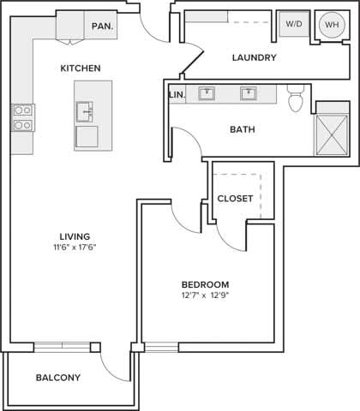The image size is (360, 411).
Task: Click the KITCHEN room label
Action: click(x=81, y=68)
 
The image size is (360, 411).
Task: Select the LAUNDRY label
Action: click(x=254, y=58)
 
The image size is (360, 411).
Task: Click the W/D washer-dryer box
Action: click(x=292, y=24)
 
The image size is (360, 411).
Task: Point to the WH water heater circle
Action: click(x=331, y=25)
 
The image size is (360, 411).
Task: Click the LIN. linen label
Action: click(x=177, y=94)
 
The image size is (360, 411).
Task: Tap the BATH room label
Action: click(x=243, y=130)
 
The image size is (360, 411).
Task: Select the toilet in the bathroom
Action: click(x=296, y=100)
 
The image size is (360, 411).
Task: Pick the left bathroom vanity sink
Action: click(x=207, y=93)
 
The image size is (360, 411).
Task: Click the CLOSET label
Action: click(x=235, y=199)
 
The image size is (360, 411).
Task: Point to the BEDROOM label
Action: click(x=205, y=284)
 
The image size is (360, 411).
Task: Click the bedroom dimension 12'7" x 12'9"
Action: click(x=205, y=296)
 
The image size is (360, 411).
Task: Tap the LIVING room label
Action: click(x=75, y=236)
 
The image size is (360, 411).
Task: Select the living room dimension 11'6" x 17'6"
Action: click(x=75, y=248)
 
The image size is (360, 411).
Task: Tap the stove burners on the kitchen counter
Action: click(x=22, y=117)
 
